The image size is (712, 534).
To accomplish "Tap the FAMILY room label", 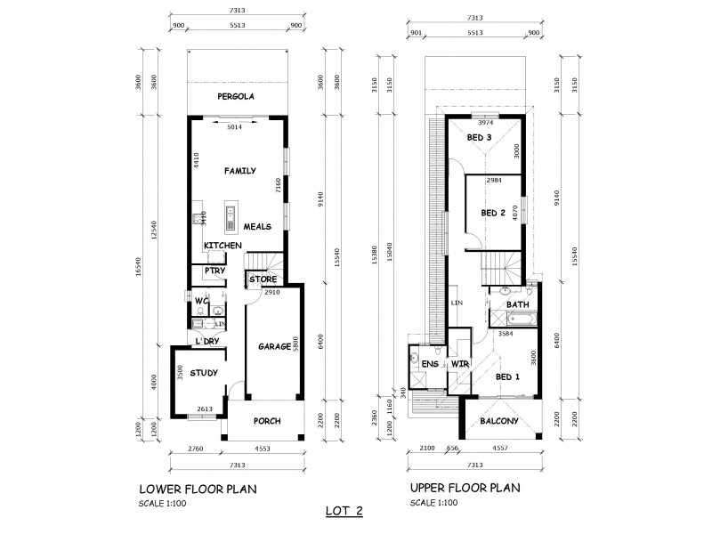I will [239, 170].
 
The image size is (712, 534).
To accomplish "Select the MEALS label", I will [257, 226].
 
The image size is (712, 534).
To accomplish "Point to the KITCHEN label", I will [222, 245].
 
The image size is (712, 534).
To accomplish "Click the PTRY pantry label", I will [214, 271].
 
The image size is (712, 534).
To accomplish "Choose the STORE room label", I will [263, 279].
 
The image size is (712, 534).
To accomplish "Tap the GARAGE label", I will [275, 346].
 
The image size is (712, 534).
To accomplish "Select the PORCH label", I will [267, 421].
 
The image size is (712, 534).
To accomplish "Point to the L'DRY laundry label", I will [207, 342].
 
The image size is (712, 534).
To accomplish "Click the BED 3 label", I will [480, 138].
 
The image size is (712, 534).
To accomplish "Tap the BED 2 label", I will [493, 213].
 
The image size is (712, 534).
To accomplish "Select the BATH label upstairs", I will [517, 305].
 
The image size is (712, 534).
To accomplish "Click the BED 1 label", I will [508, 376].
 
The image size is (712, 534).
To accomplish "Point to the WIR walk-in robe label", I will [460, 365].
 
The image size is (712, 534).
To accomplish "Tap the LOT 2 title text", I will [346, 512].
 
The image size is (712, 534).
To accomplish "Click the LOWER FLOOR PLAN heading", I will [198, 489].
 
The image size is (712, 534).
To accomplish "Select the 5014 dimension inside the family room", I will [235, 129].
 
